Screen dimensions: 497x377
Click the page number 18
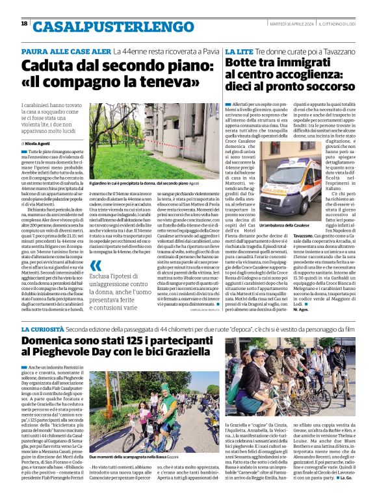(24, 24)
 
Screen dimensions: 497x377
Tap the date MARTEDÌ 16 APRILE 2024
(288, 23)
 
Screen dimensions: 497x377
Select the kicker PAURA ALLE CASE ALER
(75, 50)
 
